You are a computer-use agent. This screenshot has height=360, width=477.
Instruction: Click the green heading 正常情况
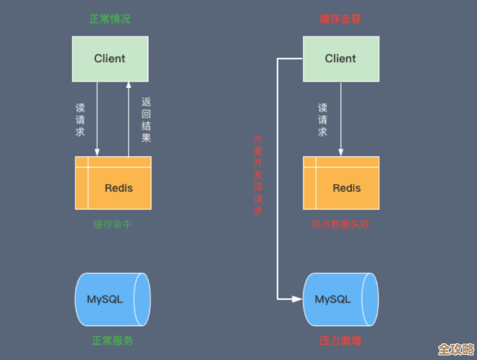tap(110, 19)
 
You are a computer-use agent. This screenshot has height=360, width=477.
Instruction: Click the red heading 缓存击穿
tap(340, 19)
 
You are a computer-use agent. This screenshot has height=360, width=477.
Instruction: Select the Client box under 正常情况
tap(110, 59)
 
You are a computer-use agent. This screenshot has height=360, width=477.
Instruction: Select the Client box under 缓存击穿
tap(341, 59)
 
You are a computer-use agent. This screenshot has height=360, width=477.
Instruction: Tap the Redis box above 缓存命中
tap(113, 183)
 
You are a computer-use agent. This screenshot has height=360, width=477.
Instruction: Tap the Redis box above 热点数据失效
tap(341, 183)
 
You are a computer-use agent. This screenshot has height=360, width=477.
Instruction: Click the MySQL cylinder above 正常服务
tap(112, 299)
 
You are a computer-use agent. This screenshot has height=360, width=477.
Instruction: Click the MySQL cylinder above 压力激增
tap(340, 299)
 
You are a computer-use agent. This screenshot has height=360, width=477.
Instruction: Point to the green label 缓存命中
tap(113, 224)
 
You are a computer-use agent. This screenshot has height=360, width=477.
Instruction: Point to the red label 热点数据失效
tap(340, 224)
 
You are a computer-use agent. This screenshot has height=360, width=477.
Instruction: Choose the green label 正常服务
tap(112, 340)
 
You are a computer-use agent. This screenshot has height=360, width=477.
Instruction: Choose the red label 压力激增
tap(340, 340)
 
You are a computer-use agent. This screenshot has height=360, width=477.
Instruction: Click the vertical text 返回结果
tap(146, 120)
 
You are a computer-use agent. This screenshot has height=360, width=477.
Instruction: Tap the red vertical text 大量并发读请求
tap(258, 175)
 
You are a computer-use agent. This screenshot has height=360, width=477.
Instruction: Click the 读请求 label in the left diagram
tap(80, 120)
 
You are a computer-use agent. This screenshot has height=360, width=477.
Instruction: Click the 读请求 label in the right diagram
tap(323, 120)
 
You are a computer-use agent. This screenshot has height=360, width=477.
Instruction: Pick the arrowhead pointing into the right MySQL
tap(297, 299)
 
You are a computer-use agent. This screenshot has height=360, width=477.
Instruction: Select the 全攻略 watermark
tap(456, 349)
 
